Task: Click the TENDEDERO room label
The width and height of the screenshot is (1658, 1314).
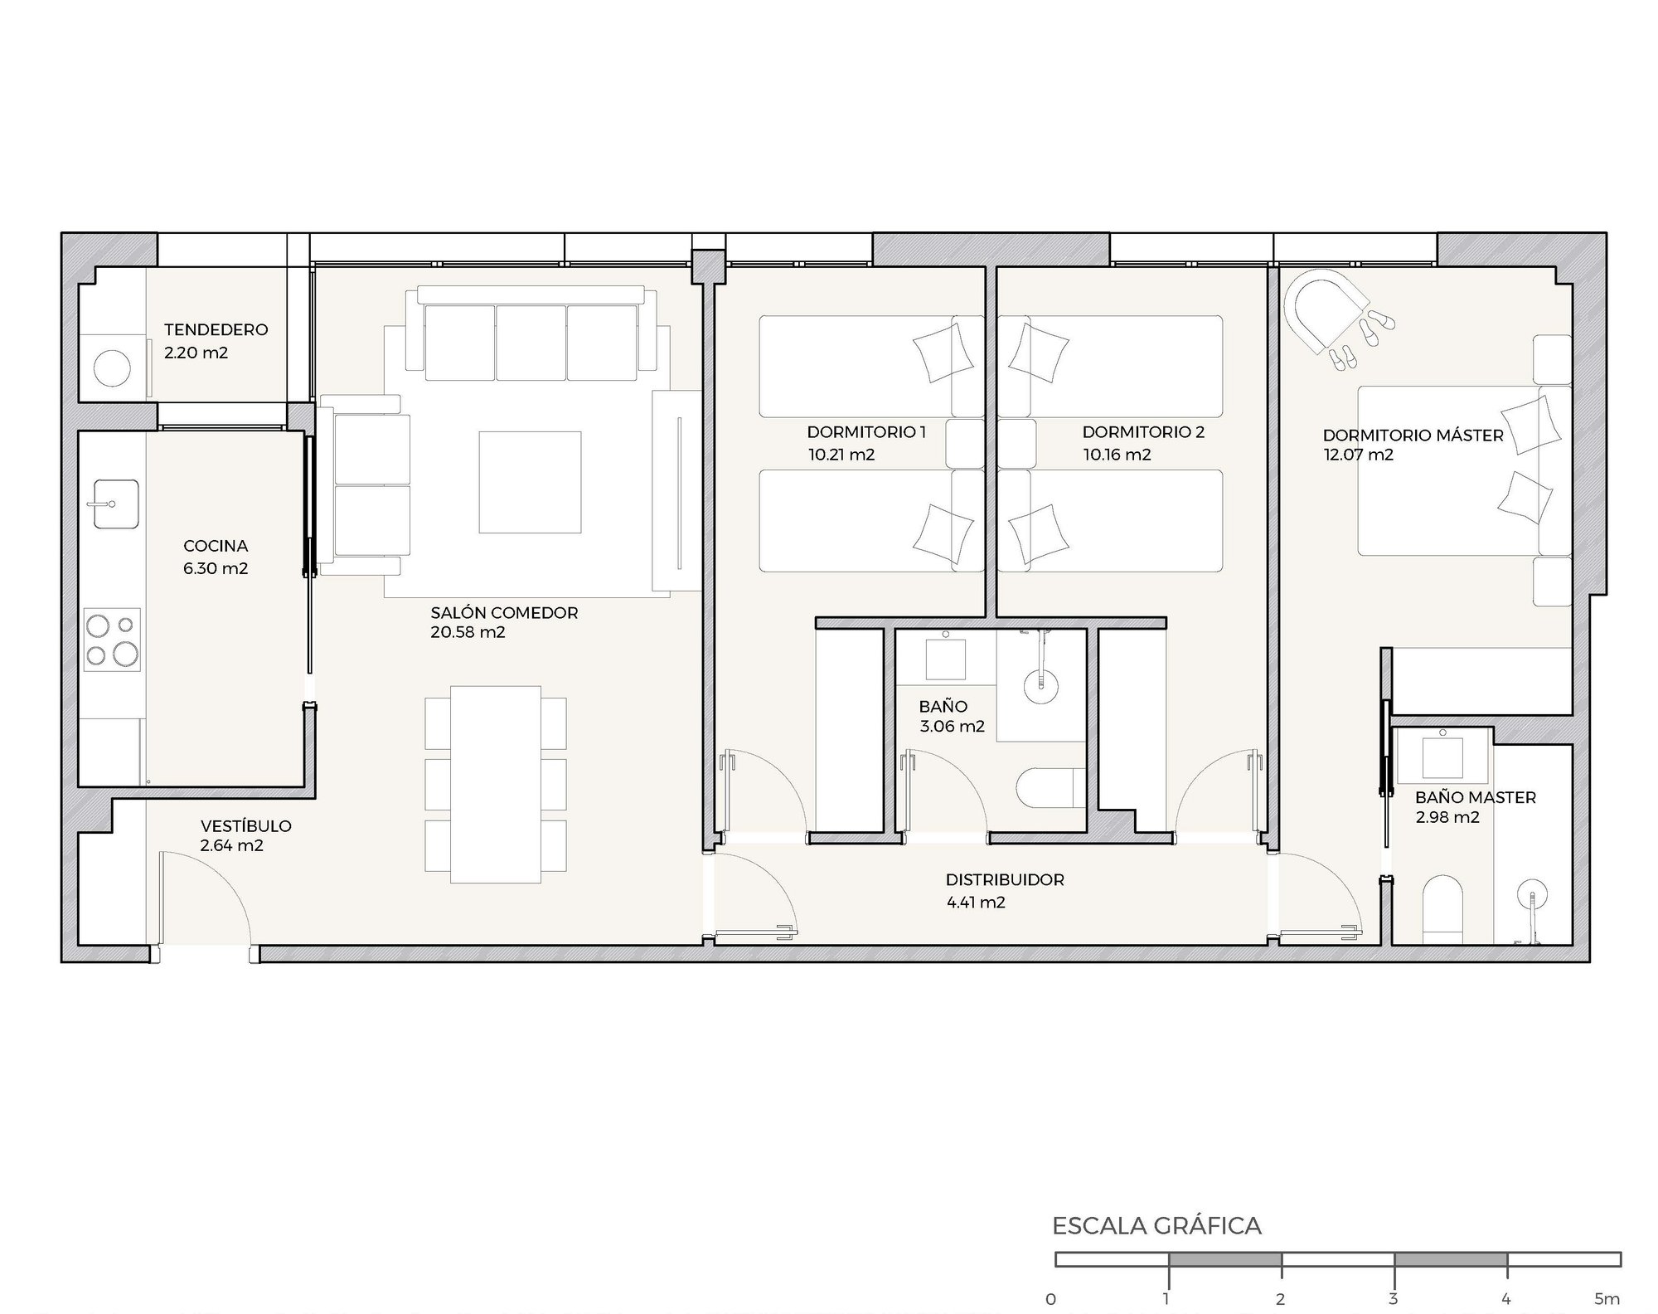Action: tap(216, 329)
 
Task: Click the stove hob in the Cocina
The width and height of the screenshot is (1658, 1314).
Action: tap(112, 640)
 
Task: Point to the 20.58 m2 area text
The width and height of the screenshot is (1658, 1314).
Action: tap(468, 632)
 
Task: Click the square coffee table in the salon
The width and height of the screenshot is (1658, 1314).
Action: tap(530, 482)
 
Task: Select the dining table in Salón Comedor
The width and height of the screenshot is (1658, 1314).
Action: tap(496, 785)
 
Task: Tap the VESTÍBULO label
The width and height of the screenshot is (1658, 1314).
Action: tap(246, 826)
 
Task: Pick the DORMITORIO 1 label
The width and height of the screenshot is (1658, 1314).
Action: tap(866, 432)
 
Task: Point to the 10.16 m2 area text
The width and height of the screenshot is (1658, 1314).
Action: tap(1117, 455)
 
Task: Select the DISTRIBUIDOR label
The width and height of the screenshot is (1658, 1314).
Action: tap(1005, 879)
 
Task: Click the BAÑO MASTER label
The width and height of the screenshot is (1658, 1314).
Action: tap(1476, 797)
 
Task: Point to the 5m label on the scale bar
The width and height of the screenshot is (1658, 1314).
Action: tap(1607, 1298)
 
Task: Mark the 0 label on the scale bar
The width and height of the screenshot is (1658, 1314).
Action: tap(1051, 1299)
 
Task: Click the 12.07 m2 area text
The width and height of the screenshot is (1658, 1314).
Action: tap(1358, 455)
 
